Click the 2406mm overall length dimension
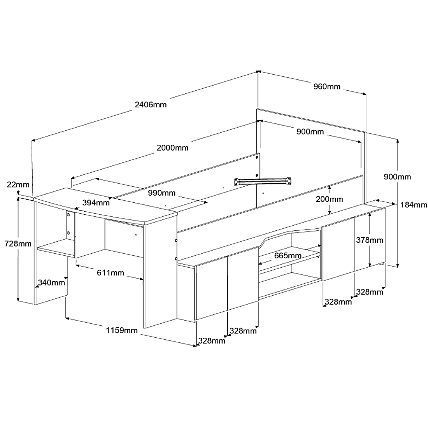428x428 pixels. [x=151, y=105]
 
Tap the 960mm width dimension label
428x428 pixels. [x=327, y=86]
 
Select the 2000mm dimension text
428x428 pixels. [x=172, y=148]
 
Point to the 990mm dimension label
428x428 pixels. [x=161, y=193]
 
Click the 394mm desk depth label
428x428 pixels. [x=96, y=203]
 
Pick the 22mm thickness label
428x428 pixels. [x=18, y=184]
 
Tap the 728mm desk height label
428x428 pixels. [x=18, y=244]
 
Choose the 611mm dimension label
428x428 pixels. [x=111, y=273]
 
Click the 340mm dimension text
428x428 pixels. [x=51, y=282]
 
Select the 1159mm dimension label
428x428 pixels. [x=122, y=330]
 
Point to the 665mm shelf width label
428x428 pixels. [x=288, y=256]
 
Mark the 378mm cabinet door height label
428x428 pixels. [x=370, y=240]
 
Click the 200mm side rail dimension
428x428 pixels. [x=330, y=199]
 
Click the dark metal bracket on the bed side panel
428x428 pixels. [x=263, y=181]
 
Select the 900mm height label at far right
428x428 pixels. [x=397, y=177]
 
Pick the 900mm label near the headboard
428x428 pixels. [x=310, y=132]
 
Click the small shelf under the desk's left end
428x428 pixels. [x=56, y=248]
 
